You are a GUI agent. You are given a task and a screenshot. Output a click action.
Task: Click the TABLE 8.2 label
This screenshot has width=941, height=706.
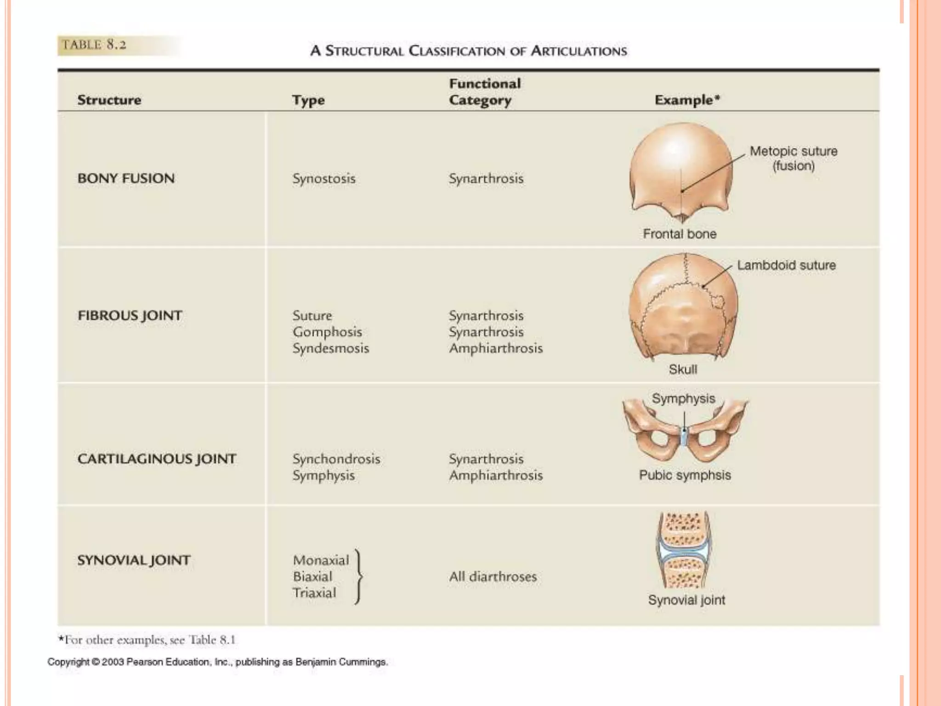[x=94, y=45]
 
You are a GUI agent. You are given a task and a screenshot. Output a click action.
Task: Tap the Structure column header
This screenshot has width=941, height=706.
[x=109, y=100]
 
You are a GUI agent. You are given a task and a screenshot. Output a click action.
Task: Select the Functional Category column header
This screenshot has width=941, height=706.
[x=484, y=92]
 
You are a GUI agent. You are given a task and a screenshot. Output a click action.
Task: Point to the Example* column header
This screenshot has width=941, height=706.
[x=687, y=100]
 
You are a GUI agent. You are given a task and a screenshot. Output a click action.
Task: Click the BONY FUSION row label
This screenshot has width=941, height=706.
[x=126, y=178]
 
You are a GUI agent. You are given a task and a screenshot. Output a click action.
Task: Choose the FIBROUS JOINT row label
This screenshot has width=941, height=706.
[x=130, y=316]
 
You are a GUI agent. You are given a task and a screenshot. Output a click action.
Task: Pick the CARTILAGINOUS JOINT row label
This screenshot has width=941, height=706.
[x=157, y=459]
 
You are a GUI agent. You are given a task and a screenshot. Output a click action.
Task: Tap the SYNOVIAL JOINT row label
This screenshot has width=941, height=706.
[x=134, y=560]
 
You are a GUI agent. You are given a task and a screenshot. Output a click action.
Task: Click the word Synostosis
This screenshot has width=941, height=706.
[x=324, y=178]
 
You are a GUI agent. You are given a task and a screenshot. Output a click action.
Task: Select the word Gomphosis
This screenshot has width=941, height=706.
[x=327, y=332]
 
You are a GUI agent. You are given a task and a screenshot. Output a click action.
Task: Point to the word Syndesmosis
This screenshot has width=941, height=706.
[x=331, y=348]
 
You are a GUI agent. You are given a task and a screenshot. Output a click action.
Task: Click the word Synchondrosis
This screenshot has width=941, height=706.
[x=336, y=459]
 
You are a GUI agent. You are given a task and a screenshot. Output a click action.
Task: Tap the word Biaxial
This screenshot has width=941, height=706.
[x=312, y=576]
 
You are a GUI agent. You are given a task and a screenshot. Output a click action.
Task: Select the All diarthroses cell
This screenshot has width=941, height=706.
[x=493, y=576]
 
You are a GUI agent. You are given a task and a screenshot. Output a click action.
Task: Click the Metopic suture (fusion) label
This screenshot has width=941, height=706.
[x=794, y=158]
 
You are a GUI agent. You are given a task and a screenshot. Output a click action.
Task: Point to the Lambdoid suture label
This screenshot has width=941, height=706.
[x=786, y=265]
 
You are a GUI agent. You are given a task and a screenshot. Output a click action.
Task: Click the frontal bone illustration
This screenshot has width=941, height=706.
[x=680, y=170]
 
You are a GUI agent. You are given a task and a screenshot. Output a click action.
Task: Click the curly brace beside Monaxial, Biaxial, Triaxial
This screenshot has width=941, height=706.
[x=359, y=576]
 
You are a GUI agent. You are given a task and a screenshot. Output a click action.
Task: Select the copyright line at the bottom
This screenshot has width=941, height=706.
[x=217, y=662]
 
